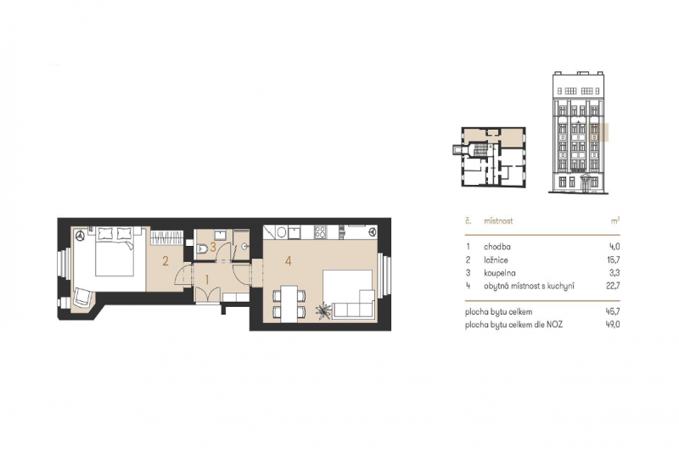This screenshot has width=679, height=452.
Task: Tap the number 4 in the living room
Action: coord(289,261)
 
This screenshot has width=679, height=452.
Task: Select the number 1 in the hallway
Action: coord(206,277)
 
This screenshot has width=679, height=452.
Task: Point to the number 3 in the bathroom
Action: coord(213,247)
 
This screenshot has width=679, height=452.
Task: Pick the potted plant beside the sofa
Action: coord(323,311)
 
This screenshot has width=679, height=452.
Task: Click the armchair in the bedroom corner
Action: coord(83,297)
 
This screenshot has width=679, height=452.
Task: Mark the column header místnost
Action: coord(499,220)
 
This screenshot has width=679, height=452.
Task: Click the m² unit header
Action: coord(614,220)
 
